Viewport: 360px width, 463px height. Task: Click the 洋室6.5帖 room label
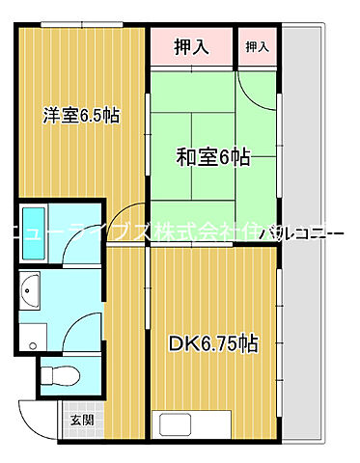point(81,116)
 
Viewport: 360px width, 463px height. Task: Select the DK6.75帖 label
point(215,343)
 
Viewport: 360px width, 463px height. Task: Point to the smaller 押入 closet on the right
point(258,45)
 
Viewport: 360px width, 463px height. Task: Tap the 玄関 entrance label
point(81,419)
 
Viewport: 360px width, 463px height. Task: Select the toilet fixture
point(61,375)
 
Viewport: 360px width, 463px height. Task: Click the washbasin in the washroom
point(30,289)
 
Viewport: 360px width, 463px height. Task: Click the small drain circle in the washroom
point(33,344)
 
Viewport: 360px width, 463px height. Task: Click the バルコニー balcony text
point(318,232)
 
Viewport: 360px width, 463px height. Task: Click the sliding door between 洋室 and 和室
point(148,145)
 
